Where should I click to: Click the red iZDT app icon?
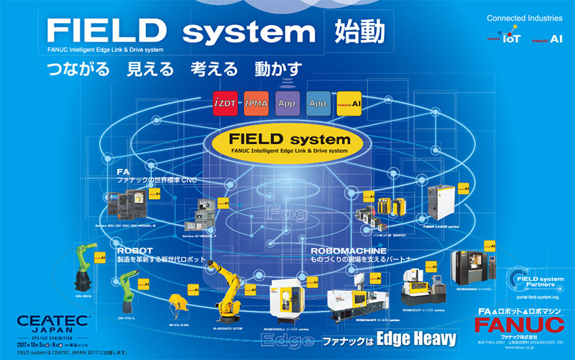click(224, 104)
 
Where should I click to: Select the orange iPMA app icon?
click(256, 104)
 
